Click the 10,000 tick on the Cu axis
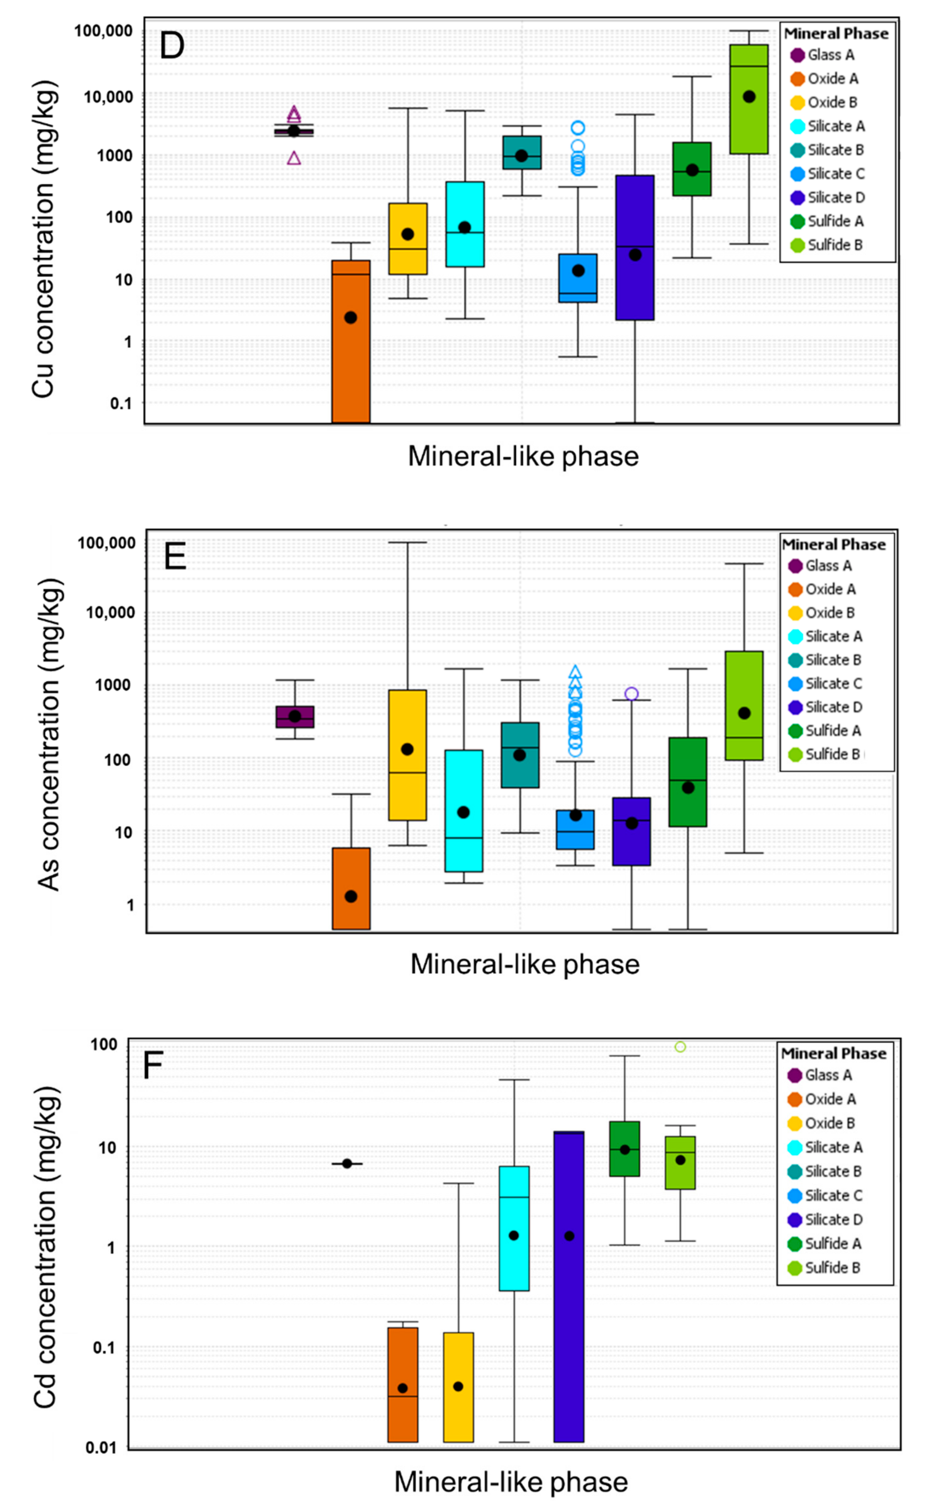click(x=108, y=97)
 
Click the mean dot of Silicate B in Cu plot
click(x=521, y=156)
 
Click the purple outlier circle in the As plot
click(x=631, y=694)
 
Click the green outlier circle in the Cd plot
click(x=680, y=1047)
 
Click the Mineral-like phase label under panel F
click(x=511, y=1482)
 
